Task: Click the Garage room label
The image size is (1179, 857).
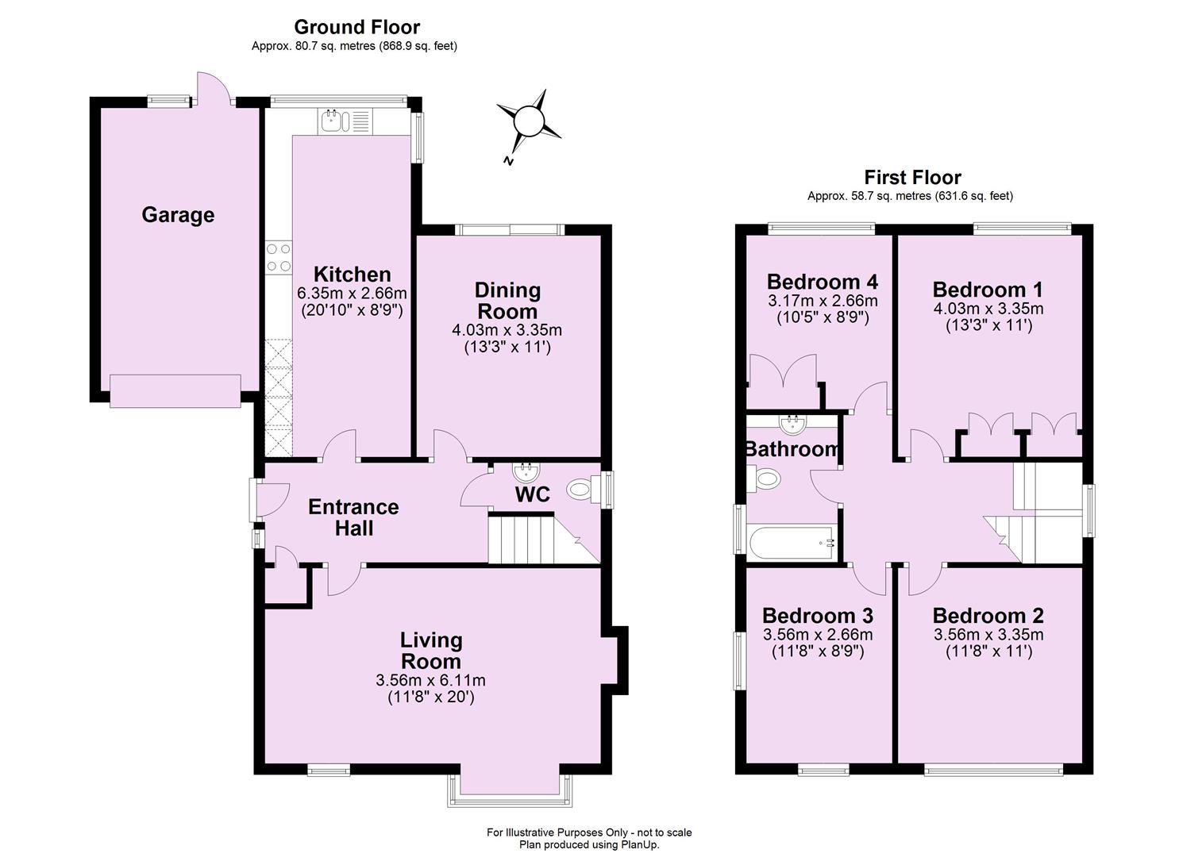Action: click(178, 215)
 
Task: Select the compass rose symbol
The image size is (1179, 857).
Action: click(527, 123)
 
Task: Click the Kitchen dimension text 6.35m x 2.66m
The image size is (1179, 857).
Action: click(352, 293)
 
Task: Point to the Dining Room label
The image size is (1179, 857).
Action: click(507, 301)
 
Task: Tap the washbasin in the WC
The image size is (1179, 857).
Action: click(525, 473)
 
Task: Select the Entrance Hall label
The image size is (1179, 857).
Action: click(353, 517)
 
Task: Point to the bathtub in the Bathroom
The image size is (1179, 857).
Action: click(792, 543)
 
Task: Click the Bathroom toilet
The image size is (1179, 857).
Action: click(765, 478)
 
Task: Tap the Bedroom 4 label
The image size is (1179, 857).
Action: click(822, 282)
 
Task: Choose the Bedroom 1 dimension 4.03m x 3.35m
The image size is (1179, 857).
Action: click(988, 309)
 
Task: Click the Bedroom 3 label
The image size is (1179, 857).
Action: click(817, 616)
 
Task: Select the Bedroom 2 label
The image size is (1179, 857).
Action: click(988, 616)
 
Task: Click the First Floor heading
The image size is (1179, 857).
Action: click(912, 178)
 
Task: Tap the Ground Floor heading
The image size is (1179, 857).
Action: click(356, 28)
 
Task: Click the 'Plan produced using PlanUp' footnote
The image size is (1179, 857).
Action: click(589, 844)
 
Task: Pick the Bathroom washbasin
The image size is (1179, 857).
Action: click(793, 424)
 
